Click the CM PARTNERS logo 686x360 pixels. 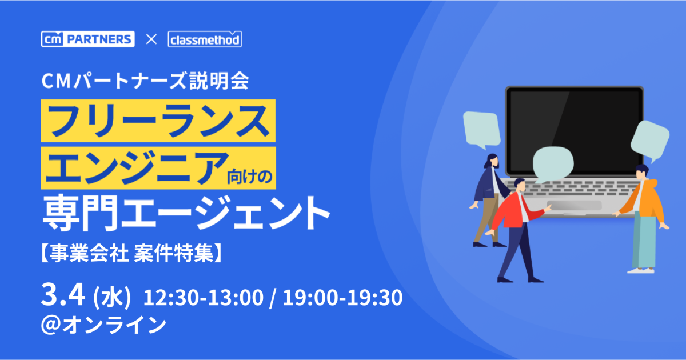coord(88,39)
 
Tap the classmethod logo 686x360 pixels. coord(205,39)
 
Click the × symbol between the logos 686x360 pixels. coord(151,39)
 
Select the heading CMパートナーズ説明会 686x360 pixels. coord(145,81)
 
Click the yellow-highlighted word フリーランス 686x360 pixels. coord(158,121)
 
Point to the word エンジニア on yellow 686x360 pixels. coord(137,168)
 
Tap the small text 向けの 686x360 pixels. coord(250,177)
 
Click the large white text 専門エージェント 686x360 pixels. coord(186,213)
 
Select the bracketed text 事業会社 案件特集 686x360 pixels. coord(131,254)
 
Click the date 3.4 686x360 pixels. coord(63,295)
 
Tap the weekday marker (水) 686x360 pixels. coord(112,298)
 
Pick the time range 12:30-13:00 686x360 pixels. coord(204,298)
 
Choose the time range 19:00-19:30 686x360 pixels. coord(342,298)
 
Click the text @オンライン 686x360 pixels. coord(103,325)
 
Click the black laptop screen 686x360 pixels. coord(575,131)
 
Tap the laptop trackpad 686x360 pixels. coord(574,205)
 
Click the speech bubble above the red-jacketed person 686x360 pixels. coord(553,165)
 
